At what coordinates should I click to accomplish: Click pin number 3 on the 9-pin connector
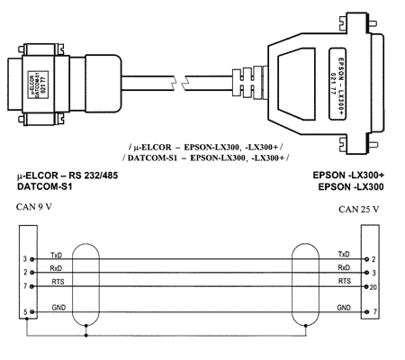[x=25, y=258]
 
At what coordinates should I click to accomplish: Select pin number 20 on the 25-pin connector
[x=373, y=287]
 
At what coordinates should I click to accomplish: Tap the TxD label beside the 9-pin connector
[x=56, y=256]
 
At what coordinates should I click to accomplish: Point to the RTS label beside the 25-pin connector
[x=345, y=281]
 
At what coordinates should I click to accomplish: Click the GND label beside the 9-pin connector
[x=58, y=308]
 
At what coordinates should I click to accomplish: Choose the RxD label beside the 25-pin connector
[x=344, y=267]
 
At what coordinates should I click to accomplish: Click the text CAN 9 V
[x=34, y=207]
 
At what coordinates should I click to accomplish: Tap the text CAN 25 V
[x=359, y=209]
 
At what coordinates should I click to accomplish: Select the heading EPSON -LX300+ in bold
[x=348, y=175]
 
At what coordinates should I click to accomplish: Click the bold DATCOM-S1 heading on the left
[x=45, y=186]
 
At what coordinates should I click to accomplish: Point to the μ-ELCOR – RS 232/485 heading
[x=67, y=175]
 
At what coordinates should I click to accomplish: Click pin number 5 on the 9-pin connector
[x=25, y=312]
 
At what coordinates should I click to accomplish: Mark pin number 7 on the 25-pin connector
[x=374, y=312]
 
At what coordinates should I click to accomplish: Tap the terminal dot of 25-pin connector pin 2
[x=366, y=259]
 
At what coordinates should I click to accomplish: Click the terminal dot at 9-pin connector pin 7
[x=31, y=286]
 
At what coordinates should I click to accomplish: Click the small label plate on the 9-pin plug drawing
[x=38, y=84]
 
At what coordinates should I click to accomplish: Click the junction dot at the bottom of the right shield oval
[x=306, y=326]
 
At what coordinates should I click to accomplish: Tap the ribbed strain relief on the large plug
[x=249, y=82]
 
